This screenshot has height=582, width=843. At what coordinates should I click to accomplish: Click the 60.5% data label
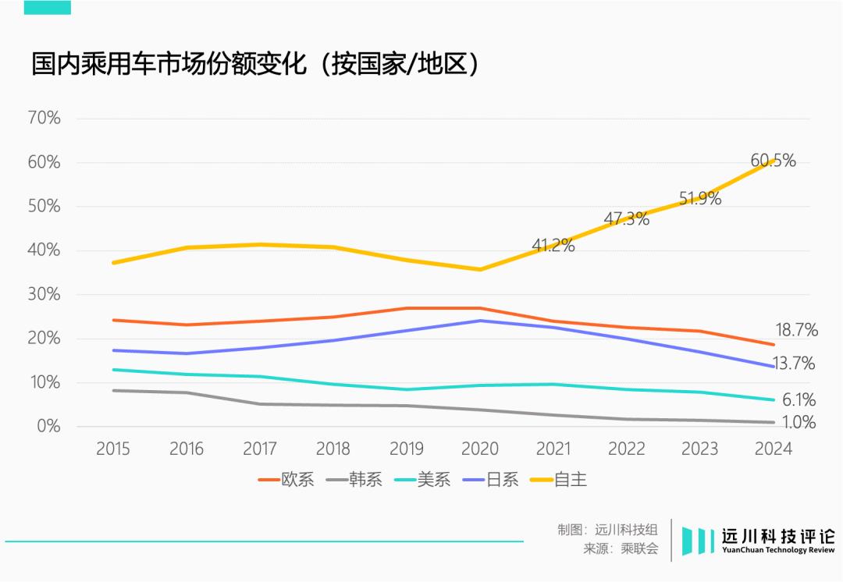coord(773,161)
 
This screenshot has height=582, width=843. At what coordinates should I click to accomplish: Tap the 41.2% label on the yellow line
coord(553,245)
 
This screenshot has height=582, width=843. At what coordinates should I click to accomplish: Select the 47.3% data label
coord(626,218)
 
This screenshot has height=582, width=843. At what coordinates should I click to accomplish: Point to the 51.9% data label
coord(699,198)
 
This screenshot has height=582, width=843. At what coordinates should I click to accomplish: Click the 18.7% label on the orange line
coord(796,330)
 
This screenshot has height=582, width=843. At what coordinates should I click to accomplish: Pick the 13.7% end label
coord(794,364)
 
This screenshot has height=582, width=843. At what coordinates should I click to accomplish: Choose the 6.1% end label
coord(799,400)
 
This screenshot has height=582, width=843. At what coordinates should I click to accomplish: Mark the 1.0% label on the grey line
coord(798,423)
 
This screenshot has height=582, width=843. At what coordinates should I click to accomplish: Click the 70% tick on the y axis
coord(44,119)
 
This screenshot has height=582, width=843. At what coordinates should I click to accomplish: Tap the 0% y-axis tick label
coord(48,426)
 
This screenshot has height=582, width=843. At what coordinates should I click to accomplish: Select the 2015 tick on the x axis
coord(113,449)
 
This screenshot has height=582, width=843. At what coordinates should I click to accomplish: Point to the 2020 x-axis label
coord(480,449)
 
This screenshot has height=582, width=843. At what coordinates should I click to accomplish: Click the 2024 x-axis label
coord(774,449)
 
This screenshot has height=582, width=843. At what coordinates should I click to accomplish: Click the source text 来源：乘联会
coord(621,549)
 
